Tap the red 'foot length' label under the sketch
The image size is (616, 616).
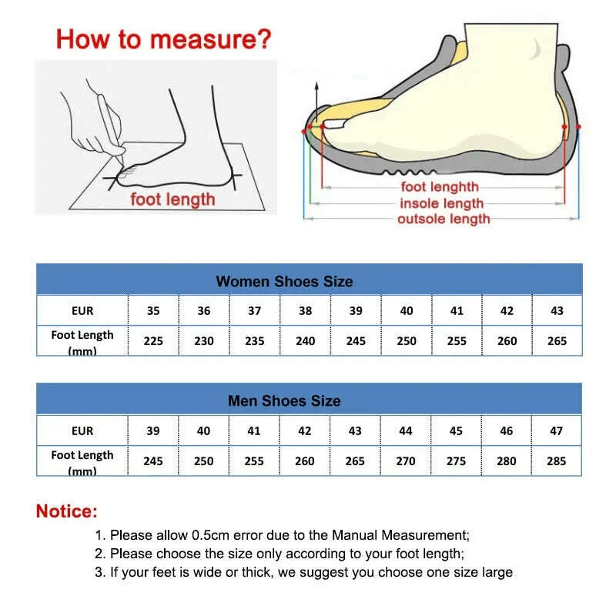[172, 200]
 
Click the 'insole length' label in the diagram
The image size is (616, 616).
[441, 203]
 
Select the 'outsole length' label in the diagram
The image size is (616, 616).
[444, 219]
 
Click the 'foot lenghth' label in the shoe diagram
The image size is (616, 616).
[440, 187]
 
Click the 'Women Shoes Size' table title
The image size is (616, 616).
[284, 281]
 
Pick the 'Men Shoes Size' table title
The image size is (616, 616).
[284, 401]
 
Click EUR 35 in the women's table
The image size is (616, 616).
[153, 311]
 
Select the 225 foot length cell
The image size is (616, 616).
[153, 341]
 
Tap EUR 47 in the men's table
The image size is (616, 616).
[557, 431]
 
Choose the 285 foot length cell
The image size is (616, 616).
[557, 461]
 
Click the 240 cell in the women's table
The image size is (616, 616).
[305, 341]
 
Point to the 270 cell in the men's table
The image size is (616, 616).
[406, 461]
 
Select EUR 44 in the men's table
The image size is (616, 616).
[406, 431]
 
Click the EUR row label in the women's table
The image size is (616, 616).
[82, 311]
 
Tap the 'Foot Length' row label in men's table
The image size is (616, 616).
[82, 460]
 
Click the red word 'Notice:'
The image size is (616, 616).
[67, 511]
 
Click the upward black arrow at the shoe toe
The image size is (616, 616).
[314, 96]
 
